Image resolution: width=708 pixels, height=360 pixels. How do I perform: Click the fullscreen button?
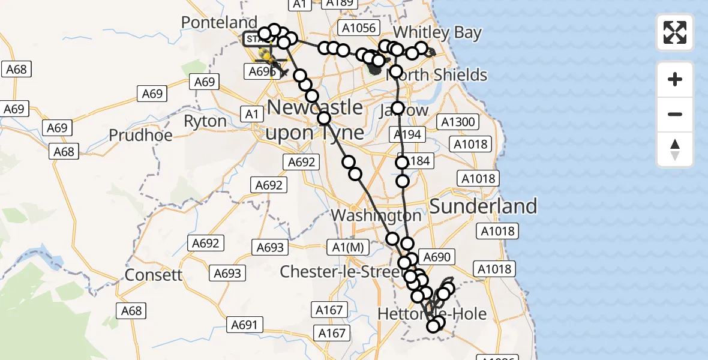(x=675, y=32)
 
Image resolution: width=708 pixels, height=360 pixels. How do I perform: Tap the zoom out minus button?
(x=675, y=114)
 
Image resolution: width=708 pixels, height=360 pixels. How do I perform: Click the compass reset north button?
(x=675, y=149)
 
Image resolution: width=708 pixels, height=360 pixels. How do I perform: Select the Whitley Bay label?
(x=438, y=32)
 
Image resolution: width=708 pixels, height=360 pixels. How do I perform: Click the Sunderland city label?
(x=484, y=206)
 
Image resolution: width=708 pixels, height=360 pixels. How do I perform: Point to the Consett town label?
(x=154, y=275)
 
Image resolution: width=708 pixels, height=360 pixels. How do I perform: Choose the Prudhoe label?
(x=140, y=135)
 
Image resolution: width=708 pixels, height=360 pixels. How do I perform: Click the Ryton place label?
(x=205, y=121)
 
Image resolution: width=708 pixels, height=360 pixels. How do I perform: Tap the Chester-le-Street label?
(x=340, y=272)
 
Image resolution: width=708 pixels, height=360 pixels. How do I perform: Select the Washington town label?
(x=376, y=215)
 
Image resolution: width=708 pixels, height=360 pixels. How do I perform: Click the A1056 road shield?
(x=359, y=28)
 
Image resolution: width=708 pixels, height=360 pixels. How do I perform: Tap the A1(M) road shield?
(x=347, y=246)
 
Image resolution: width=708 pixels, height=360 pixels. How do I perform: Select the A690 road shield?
(x=436, y=257)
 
